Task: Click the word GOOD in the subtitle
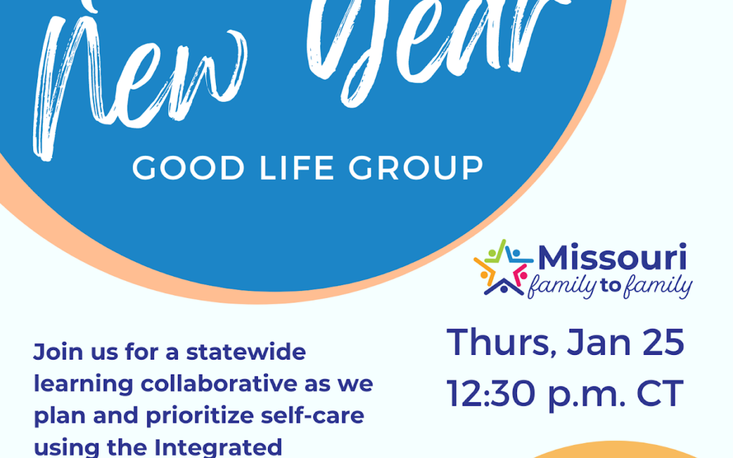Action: (189, 168)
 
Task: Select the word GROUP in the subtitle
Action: (416, 168)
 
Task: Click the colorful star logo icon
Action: (504, 268)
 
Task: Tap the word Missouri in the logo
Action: (612, 258)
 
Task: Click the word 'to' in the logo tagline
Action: (610, 285)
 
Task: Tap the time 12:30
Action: (491, 394)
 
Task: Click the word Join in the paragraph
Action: (58, 352)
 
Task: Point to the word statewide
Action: (246, 351)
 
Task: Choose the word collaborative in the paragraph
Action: (219, 383)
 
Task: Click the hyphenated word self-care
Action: (312, 415)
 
